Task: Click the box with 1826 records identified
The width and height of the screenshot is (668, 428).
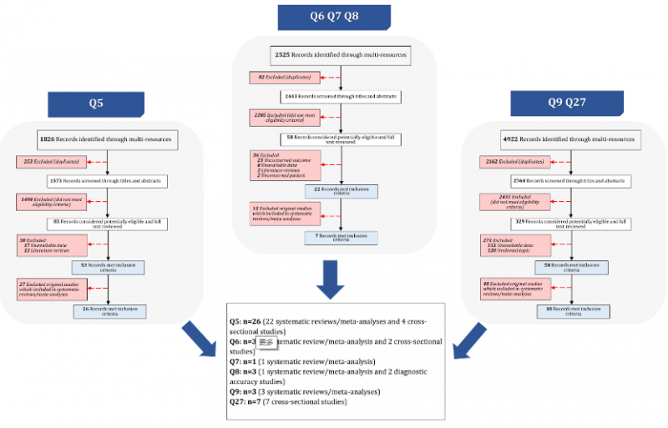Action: tap(109, 138)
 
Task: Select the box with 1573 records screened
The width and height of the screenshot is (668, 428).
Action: tap(109, 180)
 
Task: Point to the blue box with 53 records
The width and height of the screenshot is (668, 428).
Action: tap(109, 267)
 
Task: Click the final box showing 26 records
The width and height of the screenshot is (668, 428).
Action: tap(109, 311)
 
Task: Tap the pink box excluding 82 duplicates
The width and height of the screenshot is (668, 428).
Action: tap(281, 78)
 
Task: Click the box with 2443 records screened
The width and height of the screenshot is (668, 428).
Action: tap(341, 97)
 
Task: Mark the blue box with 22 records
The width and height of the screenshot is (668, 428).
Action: tap(341, 192)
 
